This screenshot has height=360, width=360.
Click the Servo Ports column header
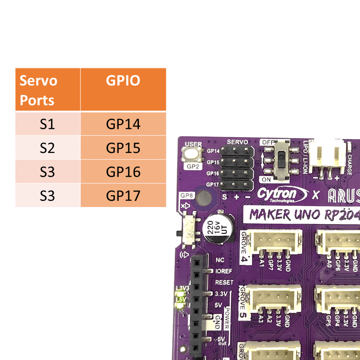tap(47, 90)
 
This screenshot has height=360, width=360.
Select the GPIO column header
tap(123, 81)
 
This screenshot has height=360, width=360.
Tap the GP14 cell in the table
tap(123, 124)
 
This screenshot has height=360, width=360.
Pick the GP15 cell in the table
tap(123, 148)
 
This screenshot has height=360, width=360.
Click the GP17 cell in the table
tap(123, 196)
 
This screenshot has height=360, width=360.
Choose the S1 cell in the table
tap(47, 124)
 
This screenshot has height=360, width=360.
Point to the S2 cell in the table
tap(47, 148)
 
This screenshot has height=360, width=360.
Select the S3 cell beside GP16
tap(47, 172)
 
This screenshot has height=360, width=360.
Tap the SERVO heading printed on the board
tap(237, 142)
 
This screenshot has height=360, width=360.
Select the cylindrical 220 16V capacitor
tap(218, 229)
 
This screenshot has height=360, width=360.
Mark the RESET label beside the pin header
tap(224, 282)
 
